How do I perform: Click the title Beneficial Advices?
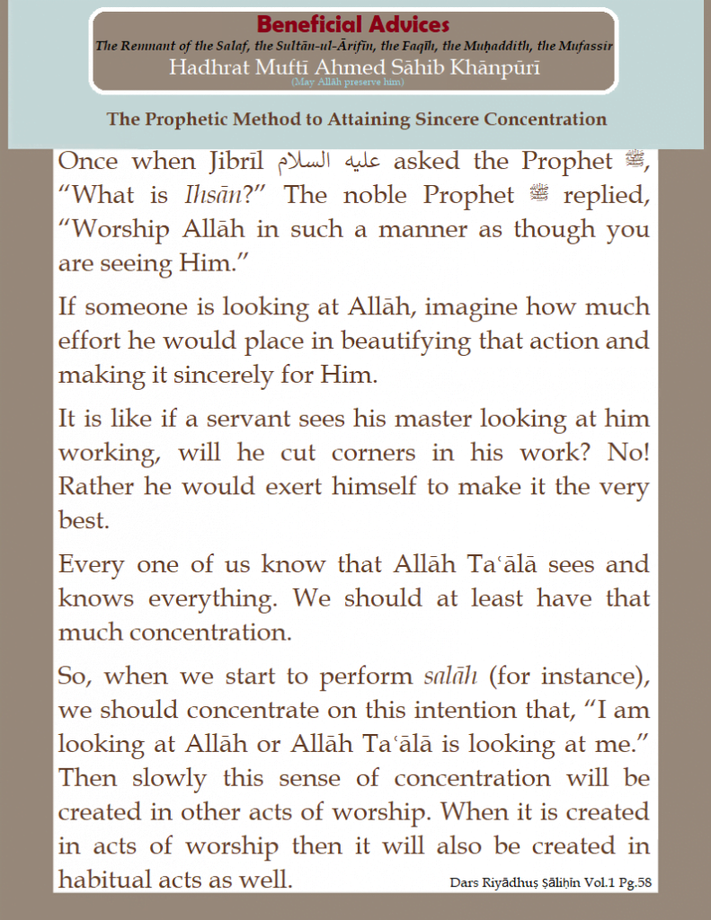(353, 24)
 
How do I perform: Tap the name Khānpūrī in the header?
(495, 67)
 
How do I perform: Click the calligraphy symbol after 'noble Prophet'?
(539, 195)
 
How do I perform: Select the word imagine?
(467, 307)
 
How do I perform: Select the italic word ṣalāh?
(451, 675)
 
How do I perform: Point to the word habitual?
(112, 880)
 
